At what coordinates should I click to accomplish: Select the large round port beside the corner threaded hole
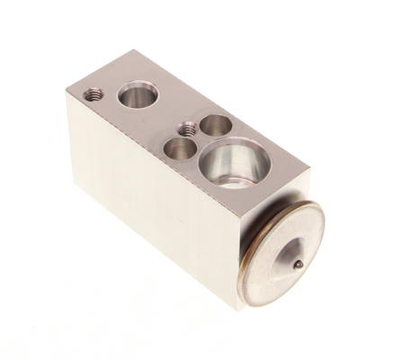click(x=138, y=93)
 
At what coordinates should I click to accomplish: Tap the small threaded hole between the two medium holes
click(x=186, y=130)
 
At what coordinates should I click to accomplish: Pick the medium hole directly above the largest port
click(x=215, y=125)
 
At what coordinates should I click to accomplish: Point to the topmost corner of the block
click(x=136, y=50)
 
